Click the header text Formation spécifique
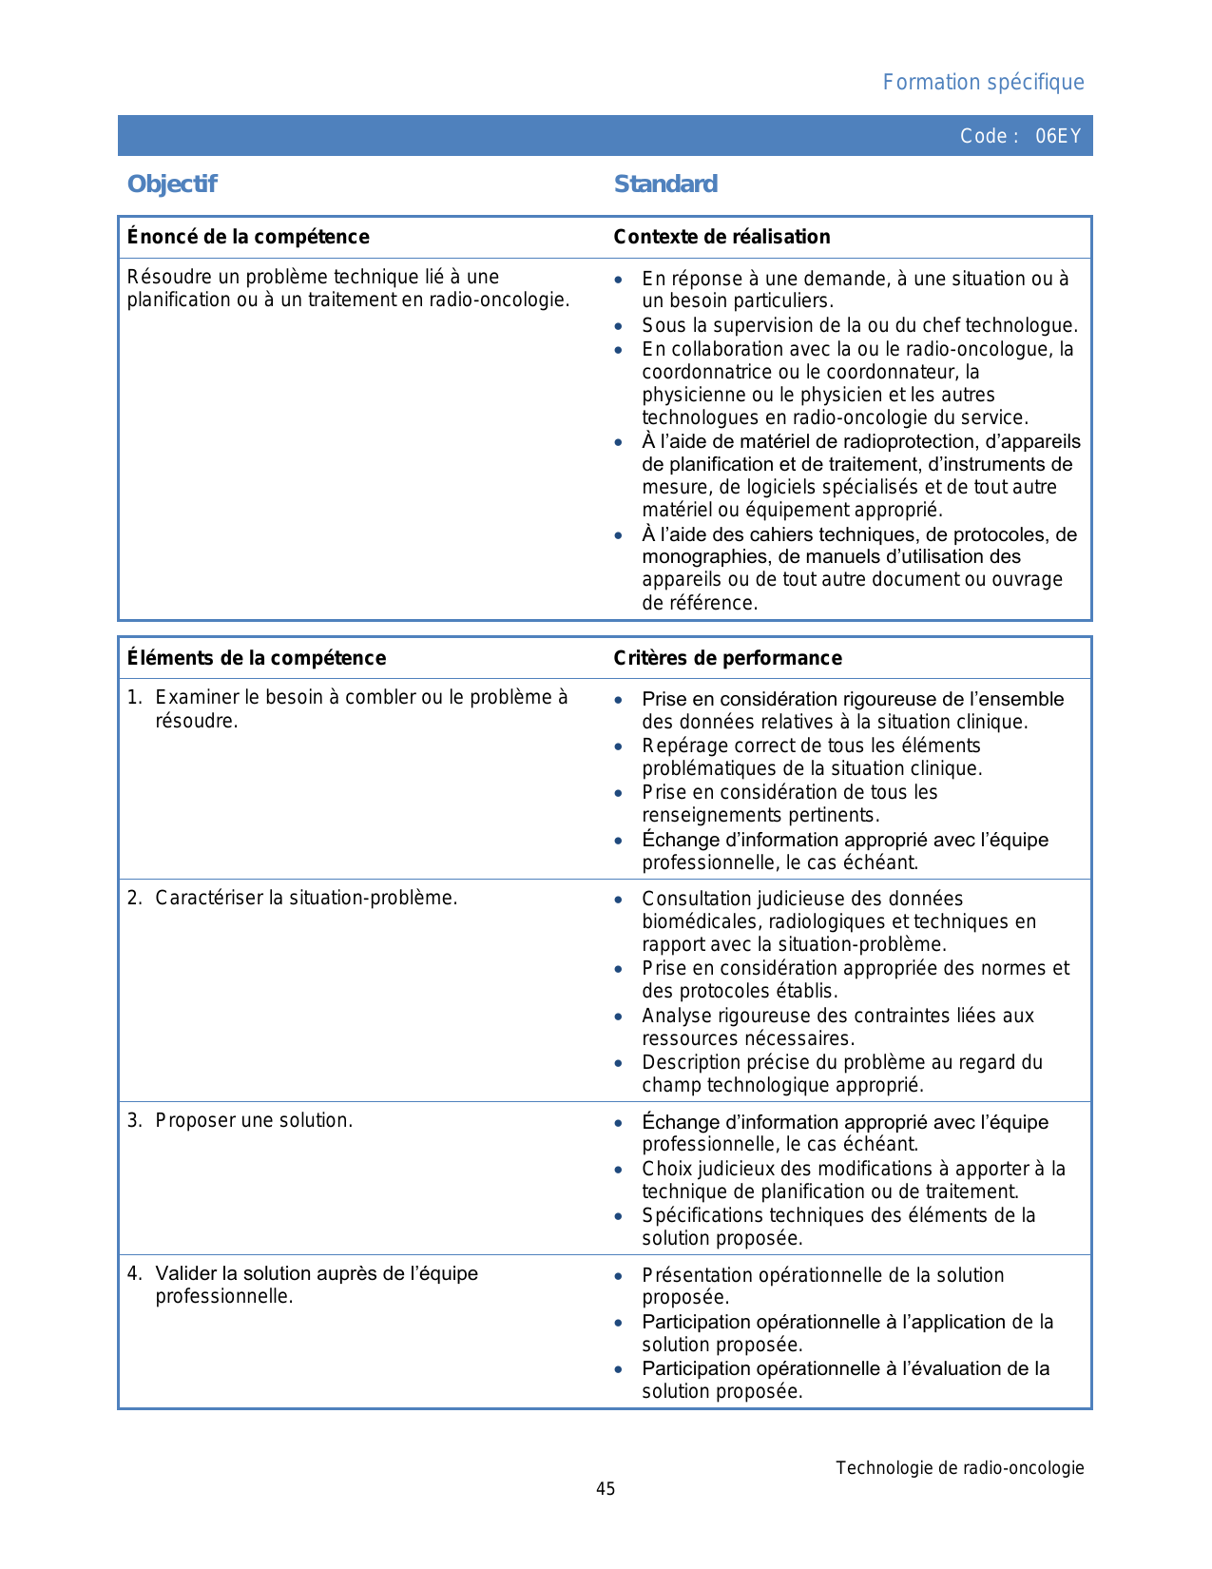tap(983, 83)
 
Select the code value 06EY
tap(1058, 136)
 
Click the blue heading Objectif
tap(172, 184)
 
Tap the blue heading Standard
tap(665, 184)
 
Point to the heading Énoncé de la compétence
tap(248, 237)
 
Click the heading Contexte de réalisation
tap(721, 237)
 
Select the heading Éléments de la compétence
tap(257, 658)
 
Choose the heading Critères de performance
tap(727, 658)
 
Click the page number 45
tap(606, 1489)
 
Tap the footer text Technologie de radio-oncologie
tap(960, 1468)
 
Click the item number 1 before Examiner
tap(133, 698)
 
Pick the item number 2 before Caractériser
tap(133, 899)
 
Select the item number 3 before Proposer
tap(133, 1121)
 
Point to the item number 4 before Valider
tap(133, 1274)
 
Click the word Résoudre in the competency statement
tap(163, 278)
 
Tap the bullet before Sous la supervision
tap(619, 327)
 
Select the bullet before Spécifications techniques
tap(619, 1217)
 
